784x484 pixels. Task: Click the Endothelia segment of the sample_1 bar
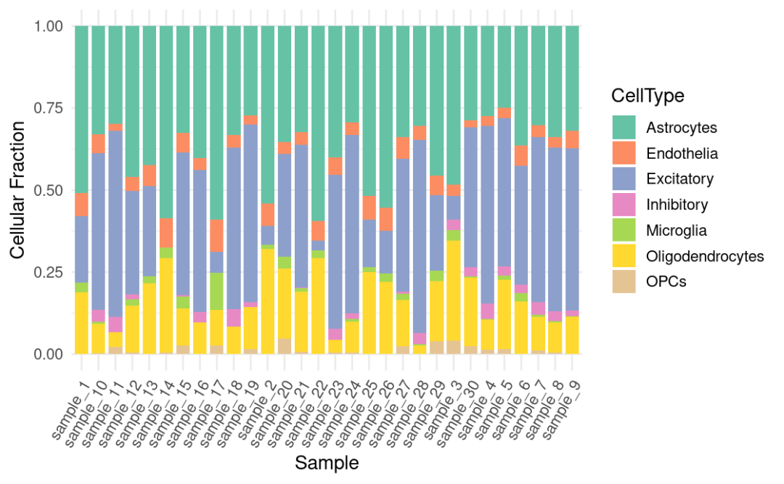[81, 204]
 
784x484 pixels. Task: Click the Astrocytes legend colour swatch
[624, 128]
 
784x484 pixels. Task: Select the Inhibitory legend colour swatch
[624, 205]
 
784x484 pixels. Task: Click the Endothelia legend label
[682, 154]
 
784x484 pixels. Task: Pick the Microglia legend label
[677, 231]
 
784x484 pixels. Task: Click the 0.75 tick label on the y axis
[50, 109]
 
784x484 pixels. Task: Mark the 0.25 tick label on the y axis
[50, 273]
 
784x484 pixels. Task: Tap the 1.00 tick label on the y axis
[50, 27]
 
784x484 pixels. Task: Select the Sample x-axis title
[327, 462]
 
